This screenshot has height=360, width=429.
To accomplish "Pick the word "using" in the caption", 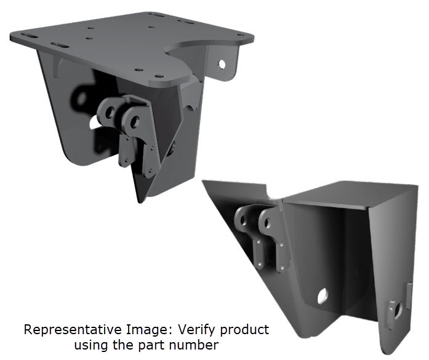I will click(90, 345).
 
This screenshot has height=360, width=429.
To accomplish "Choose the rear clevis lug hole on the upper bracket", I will click(110, 111).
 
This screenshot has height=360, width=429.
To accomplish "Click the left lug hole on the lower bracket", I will click(245, 217).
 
